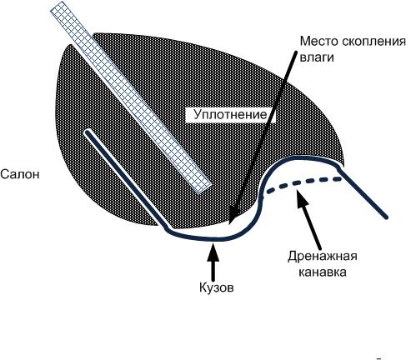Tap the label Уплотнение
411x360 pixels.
[226, 114]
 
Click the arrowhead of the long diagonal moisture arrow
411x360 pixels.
[229, 222]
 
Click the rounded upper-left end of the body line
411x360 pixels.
[88, 132]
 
